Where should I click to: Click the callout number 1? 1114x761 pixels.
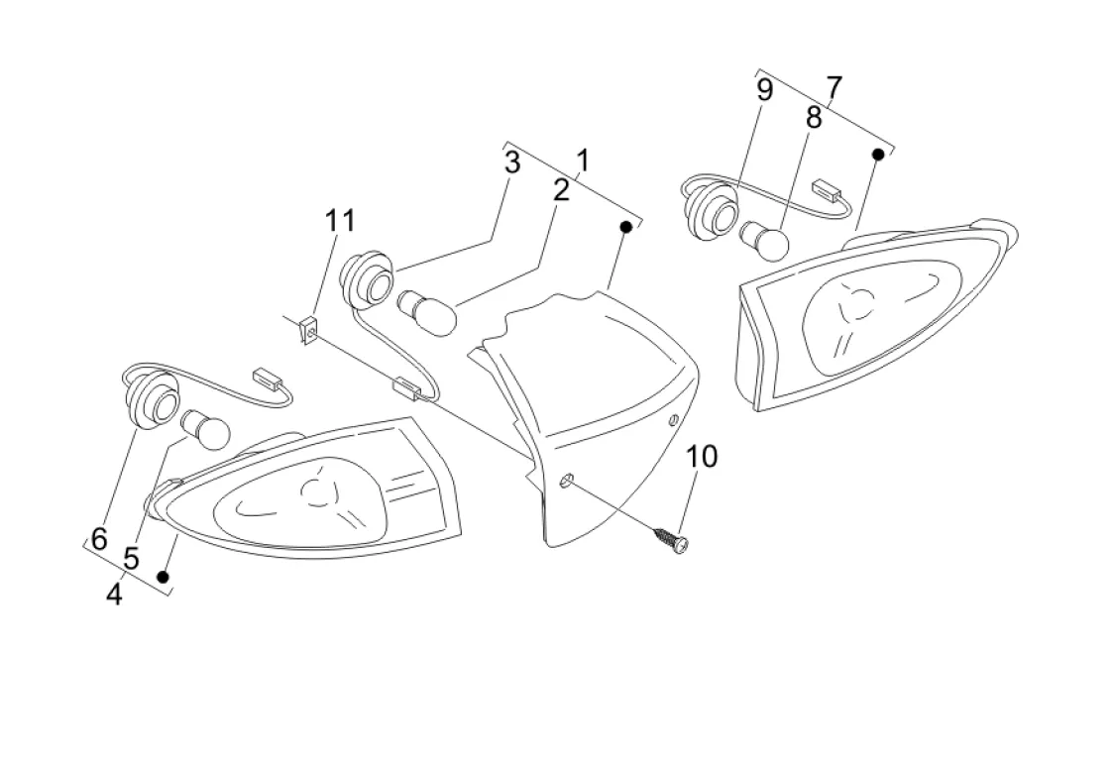pyautogui.click(x=584, y=159)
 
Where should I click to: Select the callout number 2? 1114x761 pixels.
pyautogui.click(x=561, y=190)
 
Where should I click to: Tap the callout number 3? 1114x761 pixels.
pyautogui.click(x=511, y=163)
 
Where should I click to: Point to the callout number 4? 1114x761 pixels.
pyautogui.click(x=114, y=595)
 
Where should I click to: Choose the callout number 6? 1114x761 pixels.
pyautogui.click(x=99, y=539)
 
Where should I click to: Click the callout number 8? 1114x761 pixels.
pyautogui.click(x=814, y=119)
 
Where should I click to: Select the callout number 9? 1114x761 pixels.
pyautogui.click(x=764, y=91)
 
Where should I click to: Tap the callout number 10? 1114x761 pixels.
pyautogui.click(x=702, y=457)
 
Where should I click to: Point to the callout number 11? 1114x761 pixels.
pyautogui.click(x=339, y=221)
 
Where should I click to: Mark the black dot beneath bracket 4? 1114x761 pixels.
pyautogui.click(x=164, y=576)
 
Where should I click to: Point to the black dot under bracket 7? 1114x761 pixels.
pyautogui.click(x=877, y=154)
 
